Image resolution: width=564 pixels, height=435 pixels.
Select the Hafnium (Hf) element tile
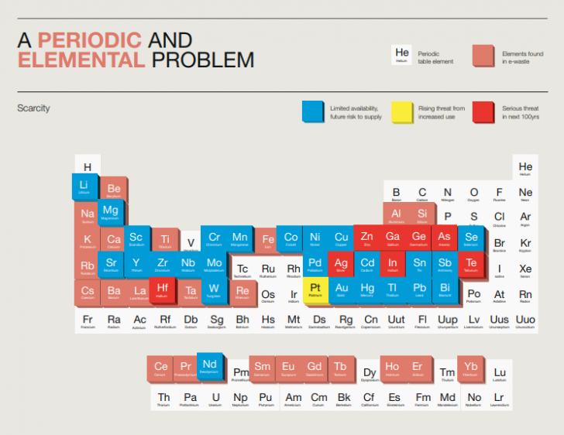(x=162, y=290)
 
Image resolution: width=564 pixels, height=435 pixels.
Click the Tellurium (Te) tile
(x=470, y=265)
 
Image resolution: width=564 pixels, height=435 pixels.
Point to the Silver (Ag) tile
(x=341, y=265)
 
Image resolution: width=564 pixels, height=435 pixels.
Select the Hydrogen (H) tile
(x=88, y=167)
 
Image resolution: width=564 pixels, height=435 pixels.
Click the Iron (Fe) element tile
(x=268, y=241)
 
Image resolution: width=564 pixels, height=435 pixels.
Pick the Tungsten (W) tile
(x=213, y=290)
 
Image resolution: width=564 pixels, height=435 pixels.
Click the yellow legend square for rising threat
(x=402, y=112)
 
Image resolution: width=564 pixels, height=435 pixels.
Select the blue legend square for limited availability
(x=313, y=112)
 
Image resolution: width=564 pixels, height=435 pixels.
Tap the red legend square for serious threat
(x=484, y=112)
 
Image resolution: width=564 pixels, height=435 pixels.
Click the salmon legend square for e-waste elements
(x=483, y=56)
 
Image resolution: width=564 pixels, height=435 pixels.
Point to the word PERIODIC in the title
(x=90, y=39)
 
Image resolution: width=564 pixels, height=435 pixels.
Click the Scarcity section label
(x=33, y=108)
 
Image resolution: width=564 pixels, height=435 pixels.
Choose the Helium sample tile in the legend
(x=401, y=55)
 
